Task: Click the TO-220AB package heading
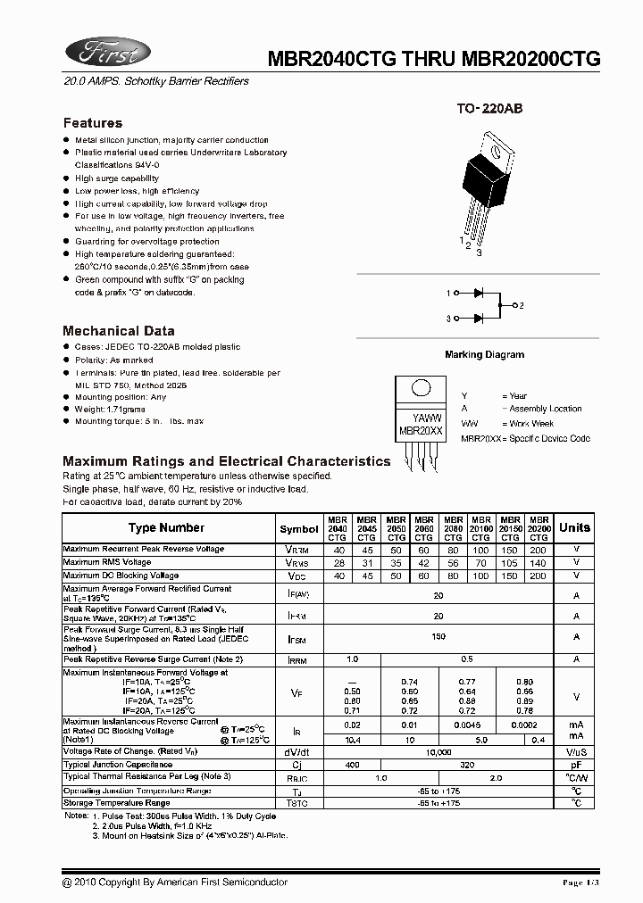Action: click(x=489, y=109)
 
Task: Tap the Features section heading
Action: click(x=93, y=123)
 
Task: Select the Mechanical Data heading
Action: click(x=113, y=330)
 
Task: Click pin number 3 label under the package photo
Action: click(x=479, y=253)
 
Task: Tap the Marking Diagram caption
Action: click(x=484, y=354)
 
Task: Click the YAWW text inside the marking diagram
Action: click(x=426, y=418)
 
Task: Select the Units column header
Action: click(x=574, y=527)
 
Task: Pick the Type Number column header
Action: click(x=166, y=527)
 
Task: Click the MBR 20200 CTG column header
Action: click(x=539, y=527)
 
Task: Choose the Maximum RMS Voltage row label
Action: click(x=107, y=562)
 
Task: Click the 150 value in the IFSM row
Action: click(x=438, y=636)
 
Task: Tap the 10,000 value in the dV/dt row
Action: click(x=438, y=752)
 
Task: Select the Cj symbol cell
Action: click(x=297, y=765)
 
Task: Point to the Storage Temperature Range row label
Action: click(x=116, y=803)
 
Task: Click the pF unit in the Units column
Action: click(x=576, y=765)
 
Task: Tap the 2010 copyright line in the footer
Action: click(x=175, y=882)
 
